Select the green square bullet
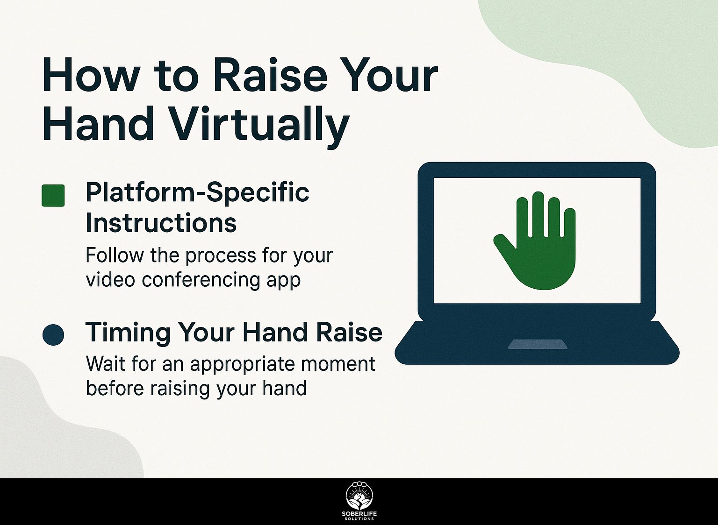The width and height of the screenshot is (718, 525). (53, 195)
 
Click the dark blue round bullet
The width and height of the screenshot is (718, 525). (53, 335)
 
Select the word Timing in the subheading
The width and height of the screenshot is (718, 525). (128, 333)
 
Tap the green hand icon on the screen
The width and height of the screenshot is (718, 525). (535, 241)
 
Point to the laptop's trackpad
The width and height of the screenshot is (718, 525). (538, 344)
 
